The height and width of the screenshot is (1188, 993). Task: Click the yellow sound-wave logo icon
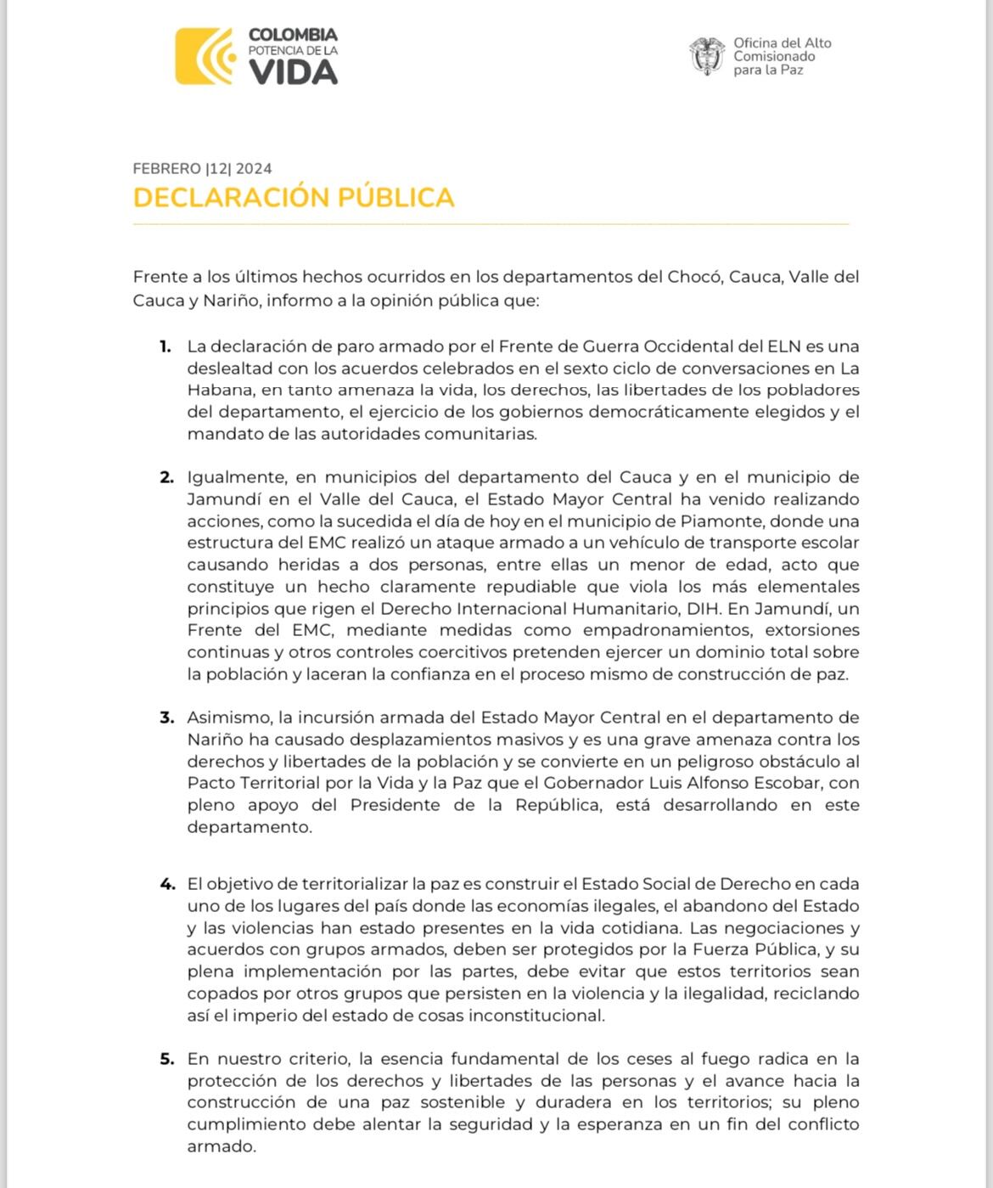pyautogui.click(x=205, y=57)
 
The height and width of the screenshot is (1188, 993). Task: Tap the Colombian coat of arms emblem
pyautogui.click(x=707, y=56)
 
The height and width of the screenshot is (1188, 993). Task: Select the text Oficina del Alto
pyautogui.click(x=782, y=42)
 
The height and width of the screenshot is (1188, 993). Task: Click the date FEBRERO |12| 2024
pyautogui.click(x=202, y=168)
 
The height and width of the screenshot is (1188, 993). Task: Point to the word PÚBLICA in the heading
pyautogui.click(x=396, y=197)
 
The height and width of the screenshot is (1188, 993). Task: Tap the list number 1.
pyautogui.click(x=165, y=346)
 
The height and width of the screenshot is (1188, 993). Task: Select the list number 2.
pyautogui.click(x=166, y=477)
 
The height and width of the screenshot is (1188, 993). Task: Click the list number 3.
pyautogui.click(x=166, y=718)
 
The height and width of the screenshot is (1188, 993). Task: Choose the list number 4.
pyautogui.click(x=166, y=884)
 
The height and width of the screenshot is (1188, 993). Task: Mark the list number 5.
pyautogui.click(x=166, y=1059)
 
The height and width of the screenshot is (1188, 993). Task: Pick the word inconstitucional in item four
pyautogui.click(x=536, y=1016)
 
